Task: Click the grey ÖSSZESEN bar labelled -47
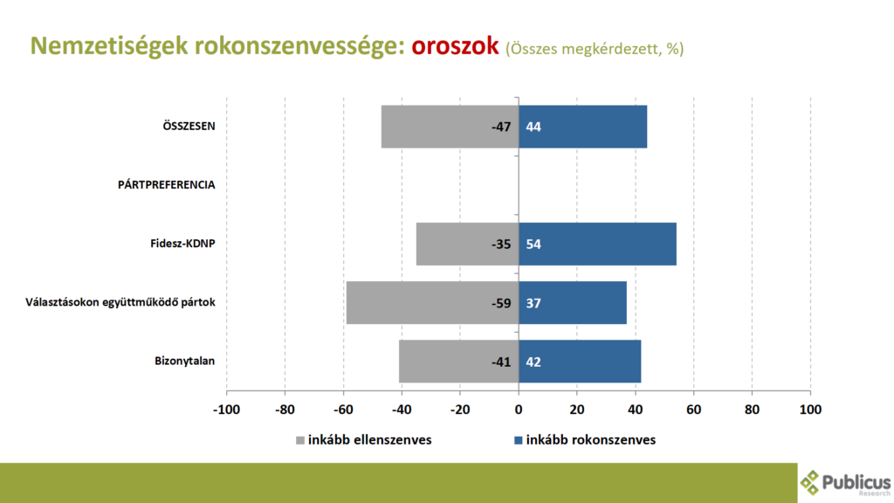[x=450, y=127]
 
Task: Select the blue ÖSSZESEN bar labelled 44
[x=582, y=127]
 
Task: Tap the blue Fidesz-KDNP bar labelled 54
[x=597, y=244]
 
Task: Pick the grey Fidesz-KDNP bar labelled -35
[x=467, y=244]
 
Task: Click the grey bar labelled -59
[x=432, y=302]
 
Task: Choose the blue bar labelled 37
[x=572, y=302]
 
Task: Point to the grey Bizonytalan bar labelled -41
[x=458, y=361]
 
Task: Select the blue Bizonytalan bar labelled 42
[x=580, y=361]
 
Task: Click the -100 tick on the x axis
[x=227, y=410]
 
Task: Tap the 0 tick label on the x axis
[x=519, y=410]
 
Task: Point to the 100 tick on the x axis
[x=810, y=410]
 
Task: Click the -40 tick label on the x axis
[x=402, y=410]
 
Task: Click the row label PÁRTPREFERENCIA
[x=167, y=185]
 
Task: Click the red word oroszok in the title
[x=455, y=45]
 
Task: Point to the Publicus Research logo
[x=845, y=483]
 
